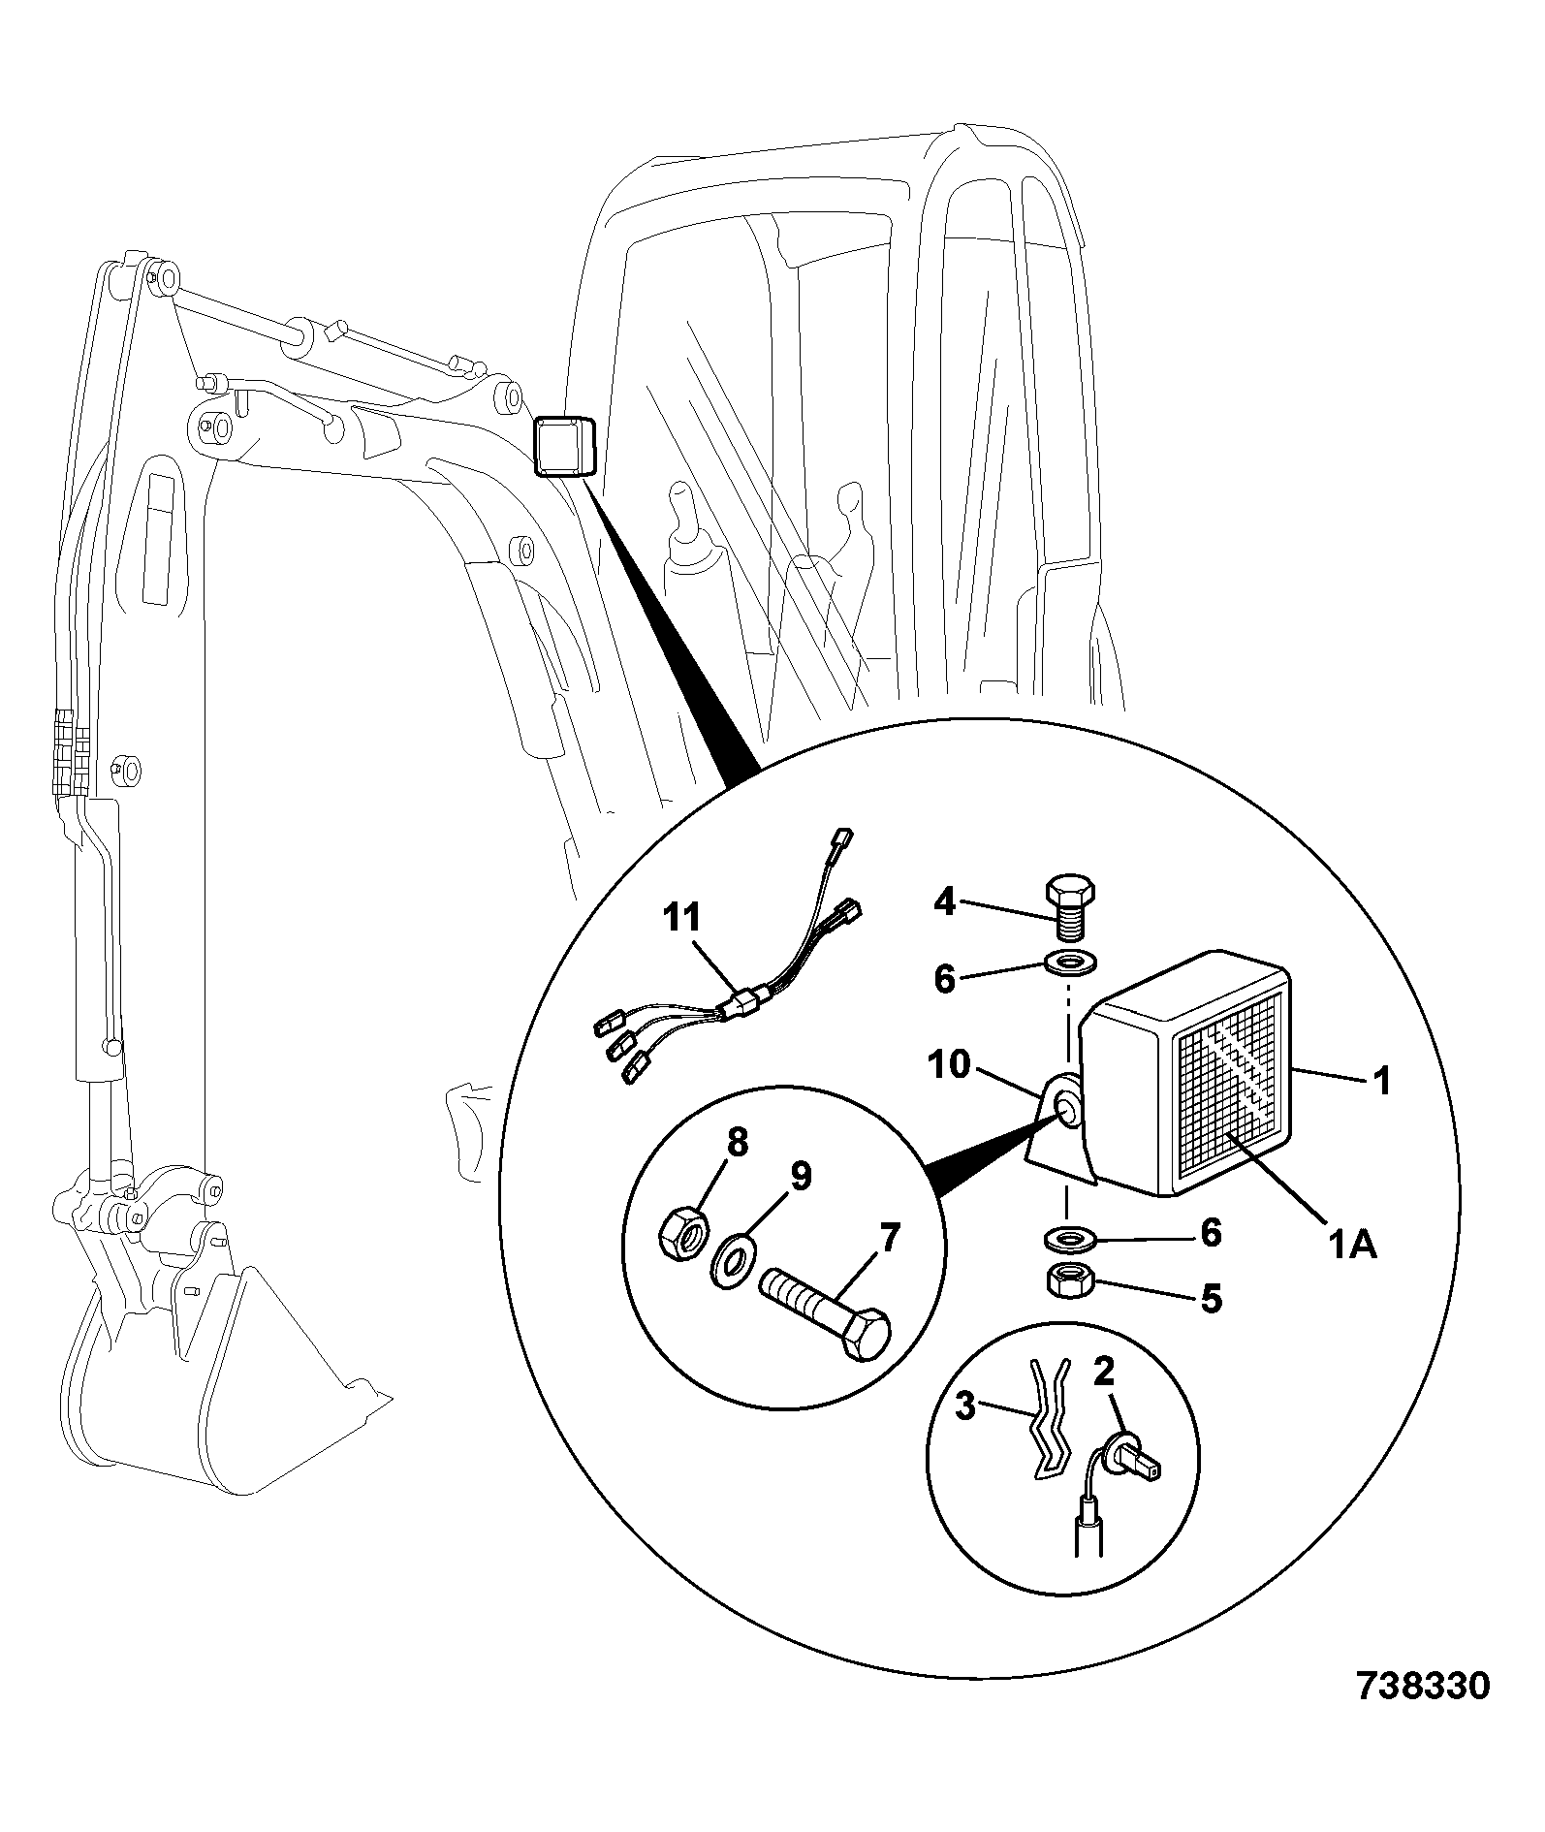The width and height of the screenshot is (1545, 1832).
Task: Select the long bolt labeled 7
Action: click(x=825, y=1308)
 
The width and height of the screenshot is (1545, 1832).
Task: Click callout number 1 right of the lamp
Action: click(x=1382, y=1080)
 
